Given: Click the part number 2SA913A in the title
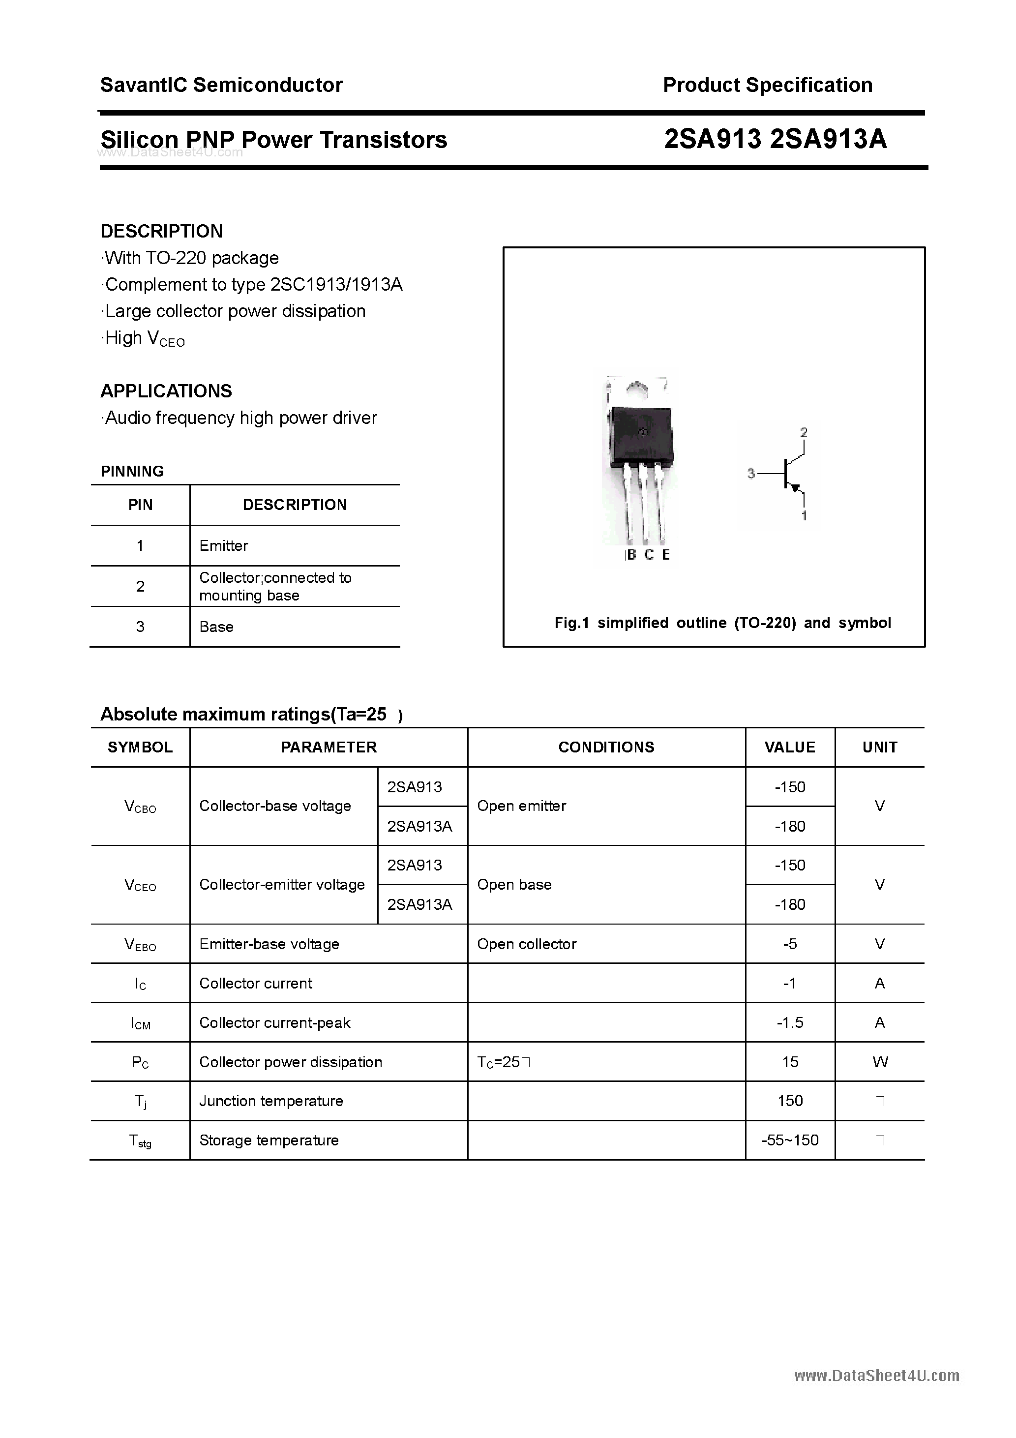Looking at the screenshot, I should pos(828,139).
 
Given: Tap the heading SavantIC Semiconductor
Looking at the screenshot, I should pos(221,85).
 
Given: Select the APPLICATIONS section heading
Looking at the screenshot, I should pos(166,391).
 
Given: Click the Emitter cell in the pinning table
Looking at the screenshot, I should pos(224,545).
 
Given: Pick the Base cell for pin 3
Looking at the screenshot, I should pos(216,627).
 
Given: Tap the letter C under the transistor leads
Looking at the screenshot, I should pos(649,555).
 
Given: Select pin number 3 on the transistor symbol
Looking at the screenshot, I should pos(751,474).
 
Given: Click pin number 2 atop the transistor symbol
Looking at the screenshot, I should pos(804,432).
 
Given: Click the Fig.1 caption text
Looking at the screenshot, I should pos(722,623).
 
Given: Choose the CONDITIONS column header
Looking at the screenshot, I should pos(606,747).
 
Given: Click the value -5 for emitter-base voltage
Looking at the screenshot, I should pos(789,944).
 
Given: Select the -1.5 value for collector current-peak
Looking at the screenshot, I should pos(789,1023).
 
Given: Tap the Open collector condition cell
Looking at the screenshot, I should pos(526,944).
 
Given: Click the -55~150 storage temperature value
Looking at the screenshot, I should pos(789,1140).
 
